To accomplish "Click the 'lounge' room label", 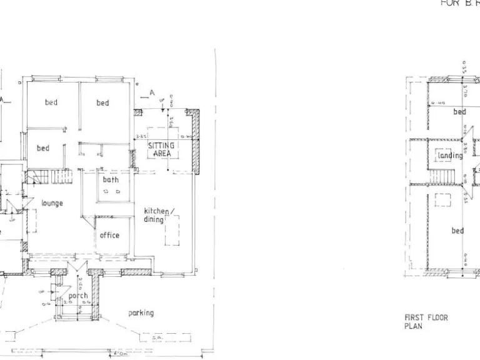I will tap(52, 203).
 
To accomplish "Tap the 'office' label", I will tap(109, 236).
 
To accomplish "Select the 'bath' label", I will tap(111, 179).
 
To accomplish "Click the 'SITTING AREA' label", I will tap(161, 149).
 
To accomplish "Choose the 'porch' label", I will tap(78, 296).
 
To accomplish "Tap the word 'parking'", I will tap(141, 312).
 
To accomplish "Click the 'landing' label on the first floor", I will tap(450, 156).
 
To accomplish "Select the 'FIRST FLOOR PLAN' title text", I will tap(426, 322).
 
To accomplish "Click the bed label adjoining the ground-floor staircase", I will tap(42, 148).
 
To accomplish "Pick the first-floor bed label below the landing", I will tap(458, 231).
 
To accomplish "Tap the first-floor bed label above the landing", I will tap(459, 112).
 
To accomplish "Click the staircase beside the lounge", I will tap(61, 177).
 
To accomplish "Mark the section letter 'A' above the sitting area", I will tap(152, 93).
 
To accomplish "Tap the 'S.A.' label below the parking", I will tap(156, 337).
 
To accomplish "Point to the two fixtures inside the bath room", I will tap(111, 192).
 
